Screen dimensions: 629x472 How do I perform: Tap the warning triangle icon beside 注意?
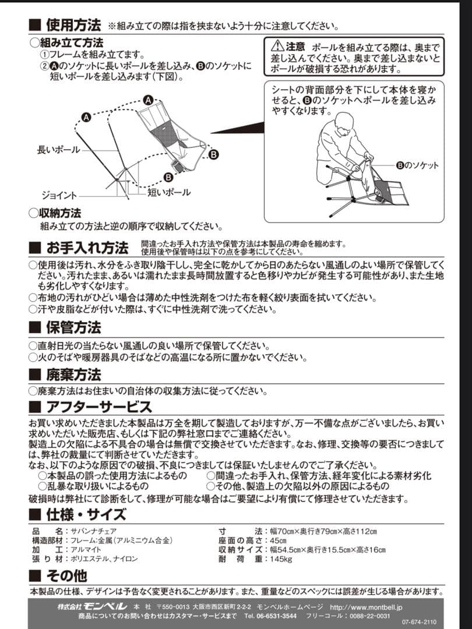[277, 46]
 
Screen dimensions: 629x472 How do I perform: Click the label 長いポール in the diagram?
[58, 150]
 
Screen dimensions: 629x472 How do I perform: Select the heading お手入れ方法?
[87, 247]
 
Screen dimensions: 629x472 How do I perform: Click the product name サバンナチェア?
[94, 531]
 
